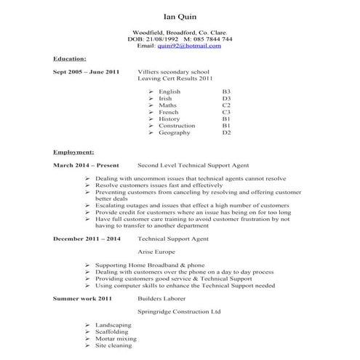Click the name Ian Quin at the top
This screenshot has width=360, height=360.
coord(180,16)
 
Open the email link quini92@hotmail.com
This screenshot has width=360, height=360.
coord(189,46)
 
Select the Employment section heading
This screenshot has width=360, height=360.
coord(73,153)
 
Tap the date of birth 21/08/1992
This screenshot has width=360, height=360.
coord(165,39)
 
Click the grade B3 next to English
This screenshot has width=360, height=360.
coord(226,92)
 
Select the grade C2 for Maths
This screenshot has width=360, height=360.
coord(226,106)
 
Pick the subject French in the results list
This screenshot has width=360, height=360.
coord(168,113)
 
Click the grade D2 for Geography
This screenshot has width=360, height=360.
coord(226,133)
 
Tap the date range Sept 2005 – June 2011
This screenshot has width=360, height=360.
coord(86,73)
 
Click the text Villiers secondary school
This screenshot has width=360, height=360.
coord(173,73)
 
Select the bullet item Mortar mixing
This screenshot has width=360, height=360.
coord(116,338)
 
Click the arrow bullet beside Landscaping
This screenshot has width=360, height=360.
coord(87,325)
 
